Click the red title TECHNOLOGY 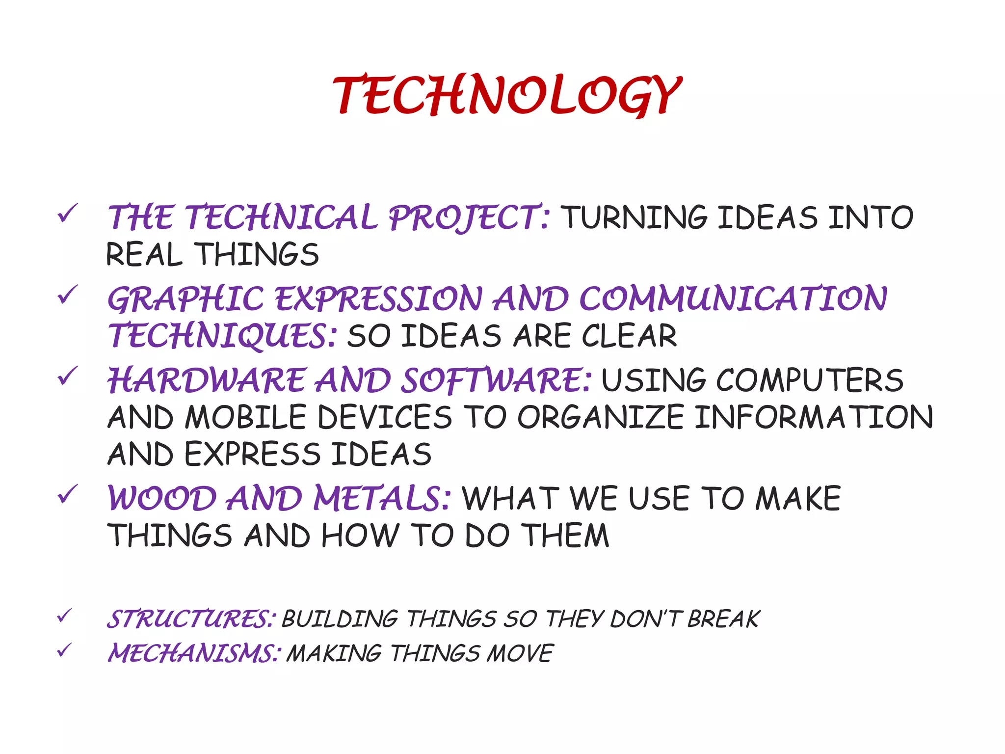pyautogui.click(x=507, y=96)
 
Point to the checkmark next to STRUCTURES pyautogui.click(x=64, y=616)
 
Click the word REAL pyautogui.click(x=144, y=255)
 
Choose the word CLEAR pyautogui.click(x=629, y=336)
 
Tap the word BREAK pyautogui.click(x=723, y=619)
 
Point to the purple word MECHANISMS pyautogui.click(x=194, y=653)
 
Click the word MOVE pyautogui.click(x=520, y=653)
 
